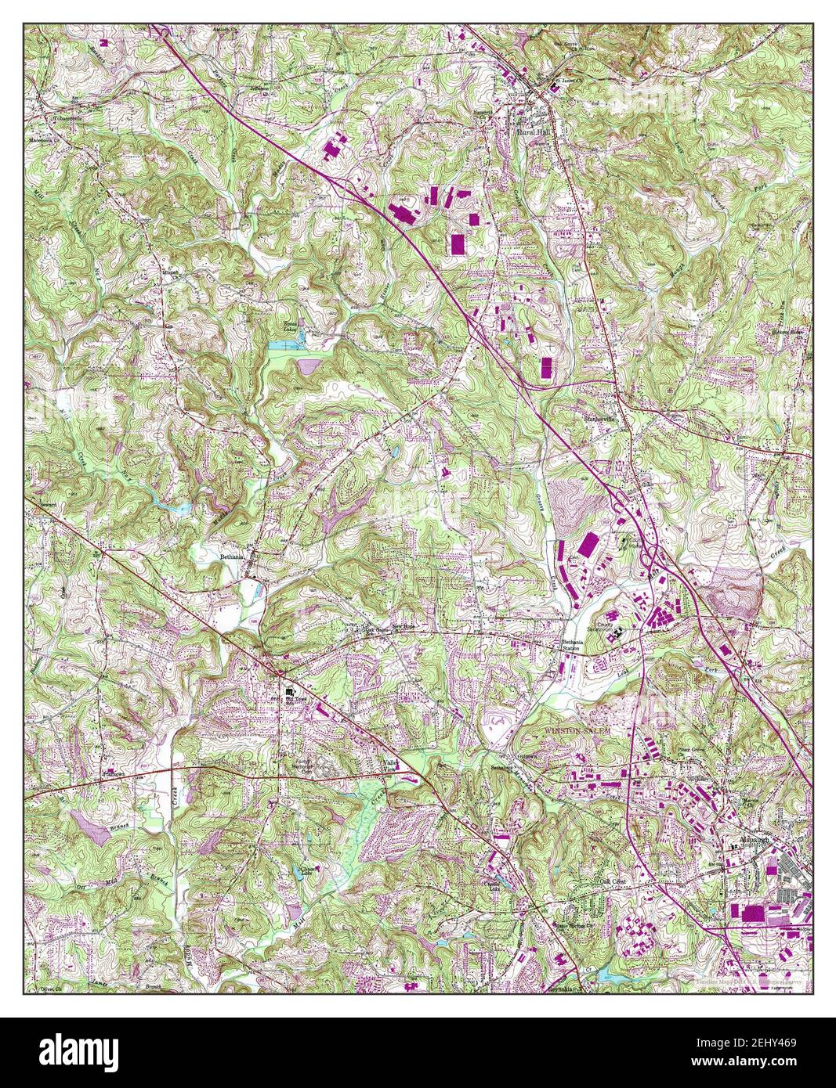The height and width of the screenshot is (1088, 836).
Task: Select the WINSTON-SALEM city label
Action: pyautogui.click(x=577, y=730)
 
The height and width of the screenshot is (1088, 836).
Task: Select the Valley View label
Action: pyautogui.click(x=390, y=766)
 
